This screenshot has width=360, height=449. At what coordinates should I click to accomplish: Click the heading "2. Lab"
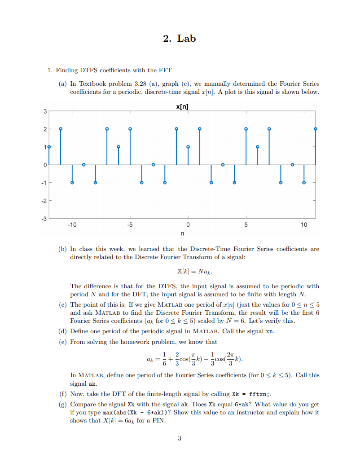180,39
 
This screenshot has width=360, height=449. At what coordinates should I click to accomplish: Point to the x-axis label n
182,233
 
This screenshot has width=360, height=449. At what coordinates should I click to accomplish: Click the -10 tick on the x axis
72,224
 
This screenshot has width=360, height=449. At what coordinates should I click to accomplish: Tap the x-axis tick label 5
246,224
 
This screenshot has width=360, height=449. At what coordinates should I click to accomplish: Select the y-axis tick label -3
44,219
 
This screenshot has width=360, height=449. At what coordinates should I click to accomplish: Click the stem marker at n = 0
188,147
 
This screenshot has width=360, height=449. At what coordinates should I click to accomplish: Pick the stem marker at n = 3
223,165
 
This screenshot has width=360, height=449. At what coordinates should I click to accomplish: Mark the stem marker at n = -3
153,165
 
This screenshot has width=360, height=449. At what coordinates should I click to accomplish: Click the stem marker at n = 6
258,147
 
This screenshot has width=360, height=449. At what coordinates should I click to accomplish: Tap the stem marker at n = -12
49,147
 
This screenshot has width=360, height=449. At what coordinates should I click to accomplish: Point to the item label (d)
63,331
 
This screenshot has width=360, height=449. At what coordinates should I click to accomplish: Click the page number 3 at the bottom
180,438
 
